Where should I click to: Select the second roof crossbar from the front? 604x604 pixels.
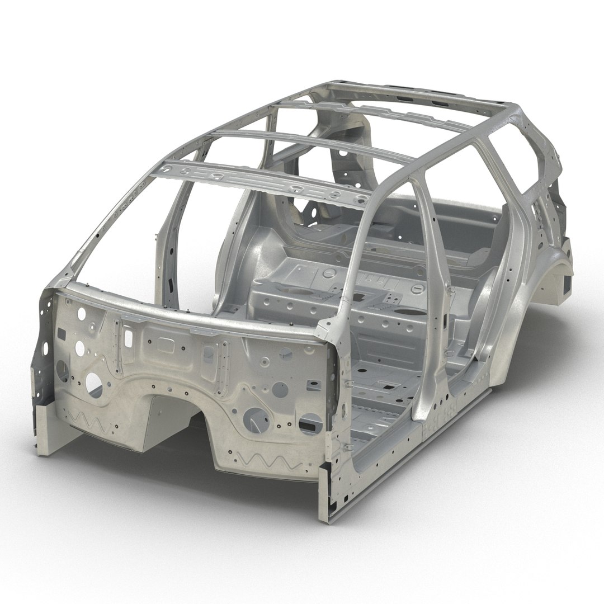click(x=313, y=145)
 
